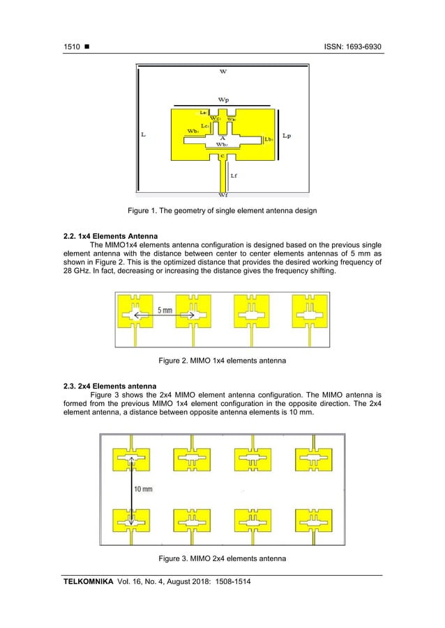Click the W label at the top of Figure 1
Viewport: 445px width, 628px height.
click(x=222, y=71)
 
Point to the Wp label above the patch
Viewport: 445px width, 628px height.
click(x=222, y=100)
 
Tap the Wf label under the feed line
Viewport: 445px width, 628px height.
click(x=222, y=196)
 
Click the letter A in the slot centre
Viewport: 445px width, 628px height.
click(x=221, y=138)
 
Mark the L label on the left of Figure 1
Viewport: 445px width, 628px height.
click(x=143, y=136)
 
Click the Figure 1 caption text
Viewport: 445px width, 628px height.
click(x=222, y=210)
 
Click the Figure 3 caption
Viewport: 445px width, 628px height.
click(x=222, y=558)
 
